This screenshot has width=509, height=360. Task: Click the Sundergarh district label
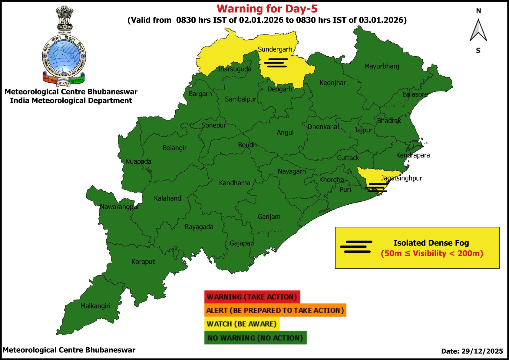tap(275, 49)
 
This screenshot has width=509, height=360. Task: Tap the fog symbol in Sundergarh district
tap(276, 63)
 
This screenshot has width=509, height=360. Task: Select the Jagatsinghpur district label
tap(401, 178)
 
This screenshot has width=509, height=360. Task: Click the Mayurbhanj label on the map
tap(381, 66)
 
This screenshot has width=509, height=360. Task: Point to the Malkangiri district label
tap(95, 306)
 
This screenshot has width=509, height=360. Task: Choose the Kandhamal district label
tap(235, 183)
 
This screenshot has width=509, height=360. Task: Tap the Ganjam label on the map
tap(269, 217)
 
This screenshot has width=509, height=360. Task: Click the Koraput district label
tap(143, 262)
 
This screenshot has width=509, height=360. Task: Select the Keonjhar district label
tap(332, 83)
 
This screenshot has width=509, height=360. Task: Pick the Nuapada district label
tap(138, 161)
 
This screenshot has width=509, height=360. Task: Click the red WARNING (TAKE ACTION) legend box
tap(252, 297)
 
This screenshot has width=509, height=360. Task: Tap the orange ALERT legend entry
tap(275, 310)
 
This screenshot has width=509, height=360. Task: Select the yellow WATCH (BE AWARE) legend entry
tap(241, 324)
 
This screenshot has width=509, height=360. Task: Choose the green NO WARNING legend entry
tap(255, 338)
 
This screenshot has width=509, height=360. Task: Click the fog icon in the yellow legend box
tap(356, 247)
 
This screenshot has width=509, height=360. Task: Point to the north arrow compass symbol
tap(478, 31)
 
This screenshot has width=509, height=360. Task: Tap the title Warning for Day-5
tap(267, 9)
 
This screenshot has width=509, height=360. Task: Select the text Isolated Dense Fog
tap(431, 243)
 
